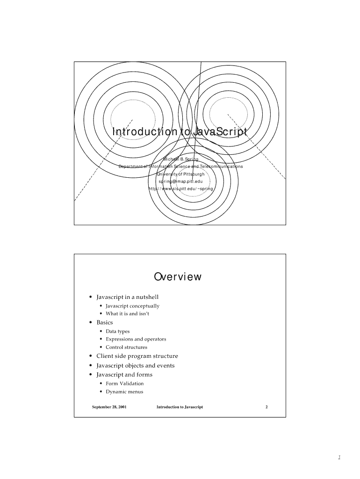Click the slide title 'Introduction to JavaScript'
coord(179,132)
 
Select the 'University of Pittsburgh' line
coord(180,174)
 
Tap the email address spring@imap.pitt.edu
coord(180,181)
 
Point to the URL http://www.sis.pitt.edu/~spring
coord(180,189)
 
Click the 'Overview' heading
coord(178,276)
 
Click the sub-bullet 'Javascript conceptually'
coord(132,306)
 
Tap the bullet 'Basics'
coord(105,322)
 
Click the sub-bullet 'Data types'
coord(118,331)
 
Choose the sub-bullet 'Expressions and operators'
coord(136,339)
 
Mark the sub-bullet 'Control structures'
coord(126,347)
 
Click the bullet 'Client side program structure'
coord(137,356)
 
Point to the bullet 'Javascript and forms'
coord(124,375)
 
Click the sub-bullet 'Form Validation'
coord(125,384)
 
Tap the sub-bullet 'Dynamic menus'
coord(124,392)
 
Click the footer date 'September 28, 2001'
coord(109,407)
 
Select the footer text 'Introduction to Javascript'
coord(180,407)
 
